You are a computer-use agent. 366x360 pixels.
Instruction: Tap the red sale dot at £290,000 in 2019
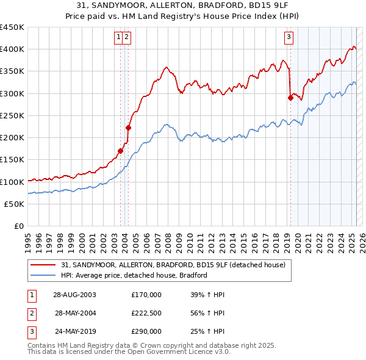pyautogui.click(x=290, y=98)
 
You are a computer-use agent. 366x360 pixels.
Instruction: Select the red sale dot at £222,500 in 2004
pyautogui.click(x=129, y=128)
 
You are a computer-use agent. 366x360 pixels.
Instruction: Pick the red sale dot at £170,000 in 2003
pyautogui.click(x=121, y=151)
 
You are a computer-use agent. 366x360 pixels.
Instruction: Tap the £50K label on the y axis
pyautogui.click(x=14, y=204)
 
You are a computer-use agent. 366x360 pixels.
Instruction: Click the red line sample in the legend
pyautogui.click(x=43, y=265)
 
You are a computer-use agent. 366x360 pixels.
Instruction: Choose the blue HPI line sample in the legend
pyautogui.click(x=43, y=275)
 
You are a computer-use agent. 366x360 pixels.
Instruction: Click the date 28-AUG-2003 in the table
pyautogui.click(x=74, y=295)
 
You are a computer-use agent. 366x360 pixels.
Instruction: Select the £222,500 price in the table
pyautogui.click(x=146, y=313)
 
